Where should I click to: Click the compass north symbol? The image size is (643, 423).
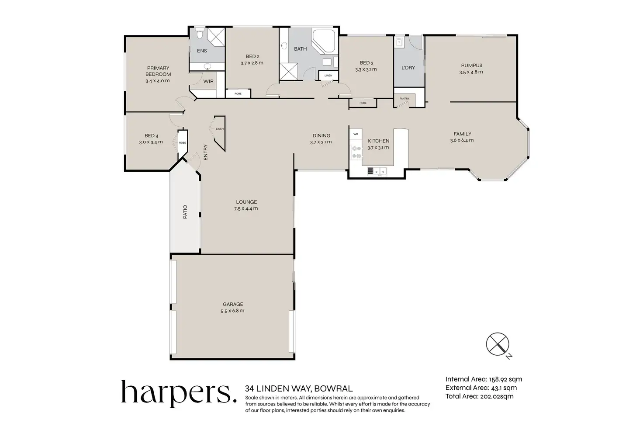point(498,344)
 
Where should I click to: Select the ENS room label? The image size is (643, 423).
point(202,51)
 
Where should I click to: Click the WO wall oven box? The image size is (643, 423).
point(356,134)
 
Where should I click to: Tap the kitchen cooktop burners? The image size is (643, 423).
point(356,152)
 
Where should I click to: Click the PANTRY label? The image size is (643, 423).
point(404,99)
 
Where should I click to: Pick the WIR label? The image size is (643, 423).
point(208,81)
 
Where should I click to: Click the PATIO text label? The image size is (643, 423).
point(185,211)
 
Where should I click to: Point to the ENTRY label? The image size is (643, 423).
point(206,152)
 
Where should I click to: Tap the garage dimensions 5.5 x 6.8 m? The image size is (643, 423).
point(232,311)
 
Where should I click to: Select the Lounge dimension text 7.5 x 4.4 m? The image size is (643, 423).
point(246,208)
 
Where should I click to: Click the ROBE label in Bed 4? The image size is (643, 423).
point(183,143)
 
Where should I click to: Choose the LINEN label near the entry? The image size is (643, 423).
point(220,129)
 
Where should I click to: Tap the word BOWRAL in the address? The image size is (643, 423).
point(334,388)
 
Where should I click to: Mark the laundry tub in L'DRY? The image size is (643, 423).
point(399,42)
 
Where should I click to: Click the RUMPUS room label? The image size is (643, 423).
point(472,66)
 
